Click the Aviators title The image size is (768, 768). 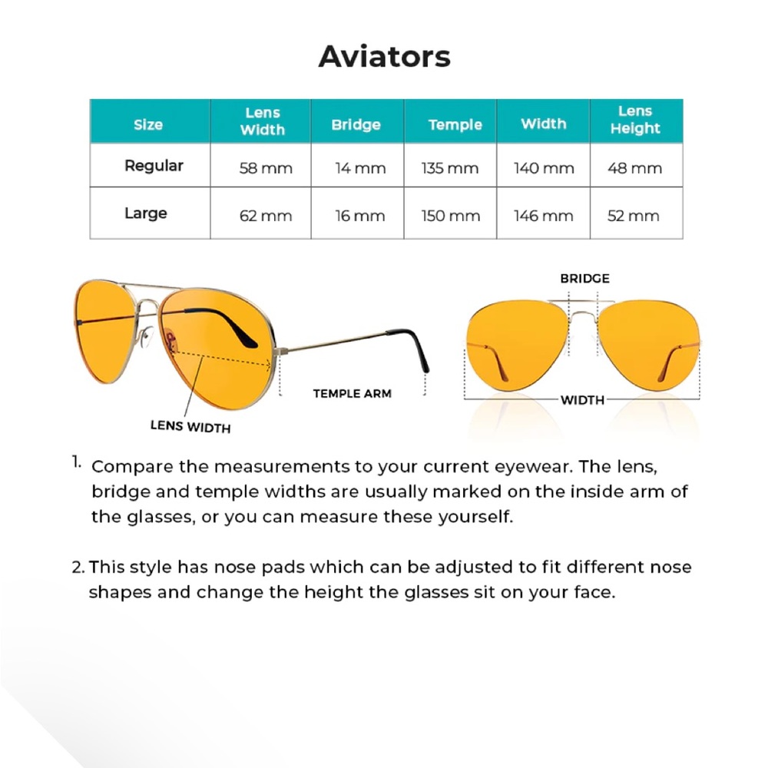384,56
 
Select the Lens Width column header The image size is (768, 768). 263,121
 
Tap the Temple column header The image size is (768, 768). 455,124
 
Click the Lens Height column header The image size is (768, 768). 635,121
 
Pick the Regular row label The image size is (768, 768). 154,166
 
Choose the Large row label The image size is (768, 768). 146,213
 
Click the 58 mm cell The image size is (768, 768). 266,168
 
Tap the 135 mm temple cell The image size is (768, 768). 450,168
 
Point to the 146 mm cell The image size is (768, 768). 543,216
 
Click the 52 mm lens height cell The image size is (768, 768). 634,216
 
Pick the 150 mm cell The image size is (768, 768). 450,216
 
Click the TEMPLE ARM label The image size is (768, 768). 352,393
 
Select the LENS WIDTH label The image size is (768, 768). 190,426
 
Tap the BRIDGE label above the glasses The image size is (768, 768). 584,278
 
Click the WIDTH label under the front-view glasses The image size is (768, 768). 581,399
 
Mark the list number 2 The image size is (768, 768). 78,568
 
